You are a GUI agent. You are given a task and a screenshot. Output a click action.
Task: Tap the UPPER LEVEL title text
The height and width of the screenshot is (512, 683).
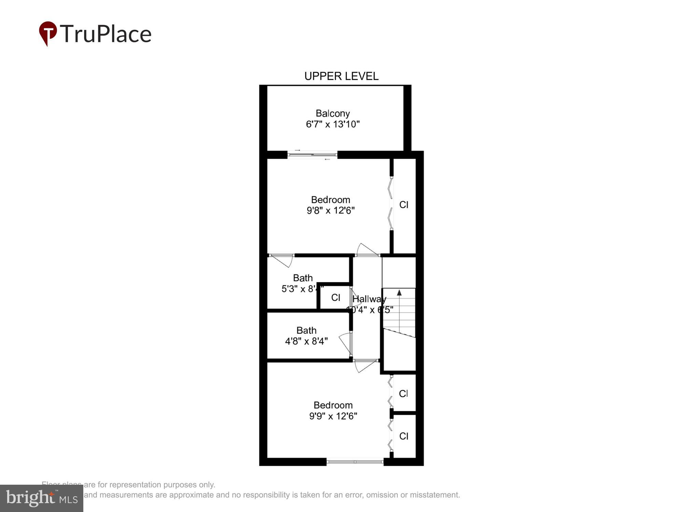click(x=341, y=76)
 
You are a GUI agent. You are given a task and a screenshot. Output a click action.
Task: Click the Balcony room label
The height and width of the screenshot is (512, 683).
click(x=333, y=113)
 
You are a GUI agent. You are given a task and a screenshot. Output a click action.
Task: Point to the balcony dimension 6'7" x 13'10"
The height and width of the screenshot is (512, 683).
click(x=333, y=124)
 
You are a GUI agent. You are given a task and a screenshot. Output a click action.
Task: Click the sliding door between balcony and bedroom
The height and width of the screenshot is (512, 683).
click(x=312, y=155)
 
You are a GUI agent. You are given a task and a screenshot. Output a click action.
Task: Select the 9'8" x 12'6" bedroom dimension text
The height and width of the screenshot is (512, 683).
click(x=331, y=211)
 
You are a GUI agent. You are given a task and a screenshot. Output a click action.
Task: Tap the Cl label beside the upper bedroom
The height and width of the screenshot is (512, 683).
click(x=404, y=205)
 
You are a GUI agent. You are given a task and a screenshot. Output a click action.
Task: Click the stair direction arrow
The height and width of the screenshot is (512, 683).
click(x=399, y=293)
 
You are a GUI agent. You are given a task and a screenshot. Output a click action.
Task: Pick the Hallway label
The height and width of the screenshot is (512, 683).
click(x=369, y=299)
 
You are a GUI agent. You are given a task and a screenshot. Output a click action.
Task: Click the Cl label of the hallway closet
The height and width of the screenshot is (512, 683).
click(x=336, y=298)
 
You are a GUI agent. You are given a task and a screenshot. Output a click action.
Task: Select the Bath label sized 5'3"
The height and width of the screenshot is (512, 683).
click(x=303, y=278)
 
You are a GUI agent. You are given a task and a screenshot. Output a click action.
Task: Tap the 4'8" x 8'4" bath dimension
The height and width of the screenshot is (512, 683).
click(x=306, y=341)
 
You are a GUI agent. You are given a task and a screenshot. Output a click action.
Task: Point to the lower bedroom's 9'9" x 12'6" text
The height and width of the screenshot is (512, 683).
click(x=333, y=416)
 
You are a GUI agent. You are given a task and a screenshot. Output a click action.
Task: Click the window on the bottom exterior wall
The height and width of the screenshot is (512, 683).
click(x=355, y=462)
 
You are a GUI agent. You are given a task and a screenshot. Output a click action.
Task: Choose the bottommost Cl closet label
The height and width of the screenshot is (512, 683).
click(x=404, y=436)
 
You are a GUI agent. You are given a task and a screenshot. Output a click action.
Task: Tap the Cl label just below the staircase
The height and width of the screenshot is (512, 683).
click(x=403, y=394)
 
